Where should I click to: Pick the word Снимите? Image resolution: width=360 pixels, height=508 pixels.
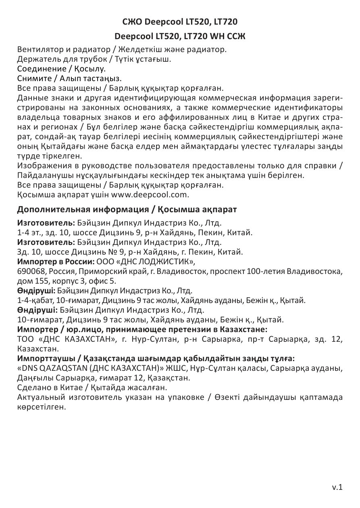(32, 78)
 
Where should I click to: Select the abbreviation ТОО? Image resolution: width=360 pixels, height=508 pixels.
(26, 339)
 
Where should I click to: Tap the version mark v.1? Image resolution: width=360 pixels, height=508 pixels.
(337, 487)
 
